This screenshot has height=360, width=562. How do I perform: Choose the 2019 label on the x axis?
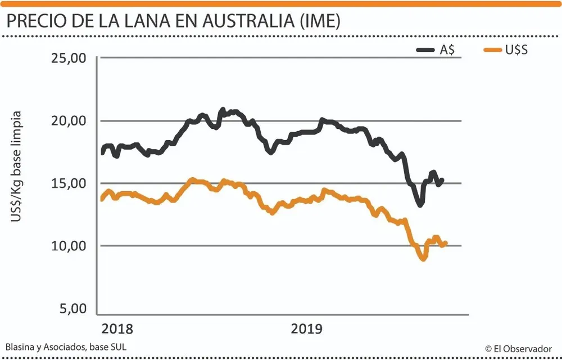pos(307,329)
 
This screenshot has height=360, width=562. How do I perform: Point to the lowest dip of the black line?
pos(420,205)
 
